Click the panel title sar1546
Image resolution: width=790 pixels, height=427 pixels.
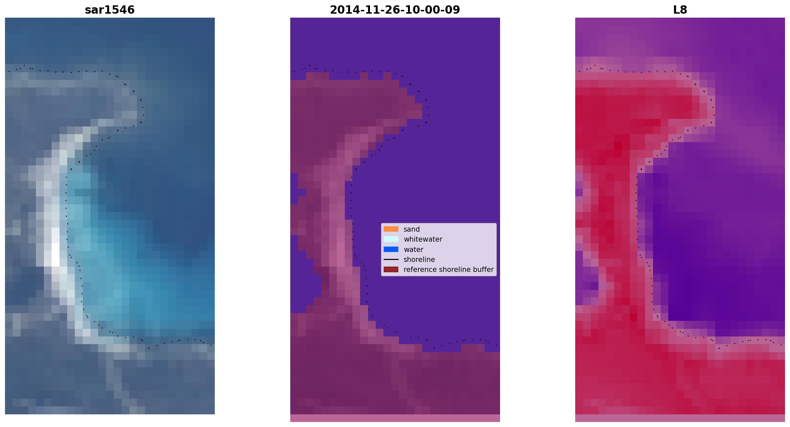click(x=110, y=10)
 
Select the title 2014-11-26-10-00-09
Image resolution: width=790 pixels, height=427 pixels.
click(x=395, y=10)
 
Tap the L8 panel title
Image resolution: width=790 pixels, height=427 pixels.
click(x=680, y=10)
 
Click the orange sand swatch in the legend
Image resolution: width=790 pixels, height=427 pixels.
click(x=391, y=229)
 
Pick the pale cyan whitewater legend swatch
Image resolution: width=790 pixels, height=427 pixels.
click(x=391, y=239)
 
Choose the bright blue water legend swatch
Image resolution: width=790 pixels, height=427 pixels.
click(x=391, y=249)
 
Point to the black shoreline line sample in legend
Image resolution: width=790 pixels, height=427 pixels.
click(x=391, y=259)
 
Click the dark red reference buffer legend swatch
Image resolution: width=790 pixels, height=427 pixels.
click(x=391, y=269)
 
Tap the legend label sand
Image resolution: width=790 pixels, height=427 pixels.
click(x=412, y=229)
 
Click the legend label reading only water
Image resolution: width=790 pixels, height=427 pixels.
click(x=413, y=250)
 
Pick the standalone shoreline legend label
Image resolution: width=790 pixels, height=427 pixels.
click(x=419, y=260)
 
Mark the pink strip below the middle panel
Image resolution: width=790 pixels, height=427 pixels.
click(x=395, y=418)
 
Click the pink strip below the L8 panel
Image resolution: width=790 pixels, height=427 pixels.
click(x=680, y=418)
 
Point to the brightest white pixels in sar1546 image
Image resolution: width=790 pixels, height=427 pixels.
click(x=56, y=255)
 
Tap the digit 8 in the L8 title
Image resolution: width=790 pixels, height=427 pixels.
click(x=684, y=10)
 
